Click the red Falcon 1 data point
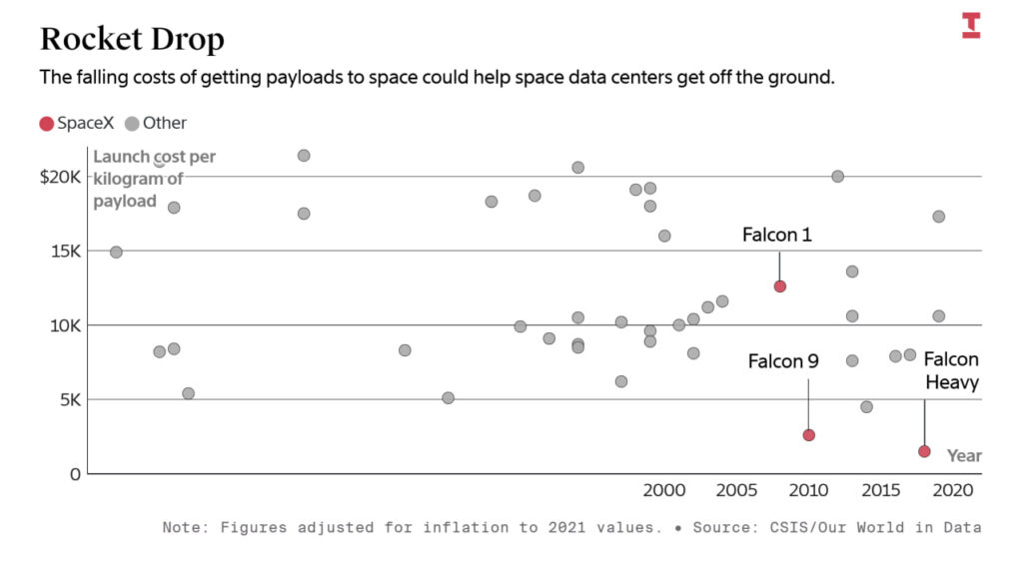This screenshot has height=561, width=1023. [x=780, y=286]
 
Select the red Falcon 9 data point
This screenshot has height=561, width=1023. [x=809, y=435]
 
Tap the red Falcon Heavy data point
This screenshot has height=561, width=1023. [x=924, y=451]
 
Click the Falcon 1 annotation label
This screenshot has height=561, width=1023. [x=777, y=236]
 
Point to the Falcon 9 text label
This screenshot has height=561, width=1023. [x=783, y=361]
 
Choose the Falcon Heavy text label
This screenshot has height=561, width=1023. [x=951, y=370]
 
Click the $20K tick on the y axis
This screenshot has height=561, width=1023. [x=60, y=177]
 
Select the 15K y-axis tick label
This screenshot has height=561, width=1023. [x=65, y=251]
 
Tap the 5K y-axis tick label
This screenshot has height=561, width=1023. [x=69, y=399]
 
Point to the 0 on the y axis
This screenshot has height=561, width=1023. [x=75, y=473]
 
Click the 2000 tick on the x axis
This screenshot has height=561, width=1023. [x=664, y=491]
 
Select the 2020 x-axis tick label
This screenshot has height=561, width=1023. [x=953, y=491]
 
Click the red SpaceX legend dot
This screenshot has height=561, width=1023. [x=46, y=124]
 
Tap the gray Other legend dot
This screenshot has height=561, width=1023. [x=132, y=124]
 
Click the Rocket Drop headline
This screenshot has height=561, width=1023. [x=132, y=39]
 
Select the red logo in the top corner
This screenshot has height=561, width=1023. [x=971, y=26]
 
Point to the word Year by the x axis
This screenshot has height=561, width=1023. [x=964, y=456]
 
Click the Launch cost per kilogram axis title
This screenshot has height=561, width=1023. [x=153, y=179]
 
